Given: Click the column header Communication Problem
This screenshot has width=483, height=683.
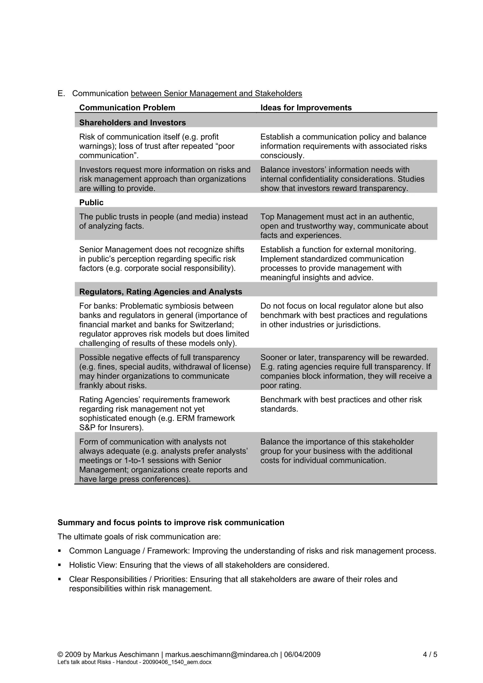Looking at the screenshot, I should [127, 108].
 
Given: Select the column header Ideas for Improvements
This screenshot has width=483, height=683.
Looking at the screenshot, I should [306, 108].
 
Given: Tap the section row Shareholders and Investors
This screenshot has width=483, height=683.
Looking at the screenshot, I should [133, 123].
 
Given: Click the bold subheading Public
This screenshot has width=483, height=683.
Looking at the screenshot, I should [91, 203].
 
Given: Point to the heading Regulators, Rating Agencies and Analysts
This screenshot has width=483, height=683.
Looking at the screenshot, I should [160, 292].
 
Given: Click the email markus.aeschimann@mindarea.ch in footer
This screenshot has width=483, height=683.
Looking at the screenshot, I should [221, 655].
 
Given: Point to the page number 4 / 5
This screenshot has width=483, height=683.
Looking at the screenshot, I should [430, 655].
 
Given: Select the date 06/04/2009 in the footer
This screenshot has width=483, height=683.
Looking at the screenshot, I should [302, 655].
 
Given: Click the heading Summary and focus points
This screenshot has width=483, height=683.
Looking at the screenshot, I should [171, 523].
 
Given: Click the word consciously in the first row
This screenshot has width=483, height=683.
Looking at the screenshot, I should [282, 156].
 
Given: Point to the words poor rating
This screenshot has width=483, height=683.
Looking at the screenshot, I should [280, 386].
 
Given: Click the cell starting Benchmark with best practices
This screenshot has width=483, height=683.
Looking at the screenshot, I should [341, 404].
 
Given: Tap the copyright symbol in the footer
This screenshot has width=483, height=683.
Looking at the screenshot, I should [60, 655].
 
